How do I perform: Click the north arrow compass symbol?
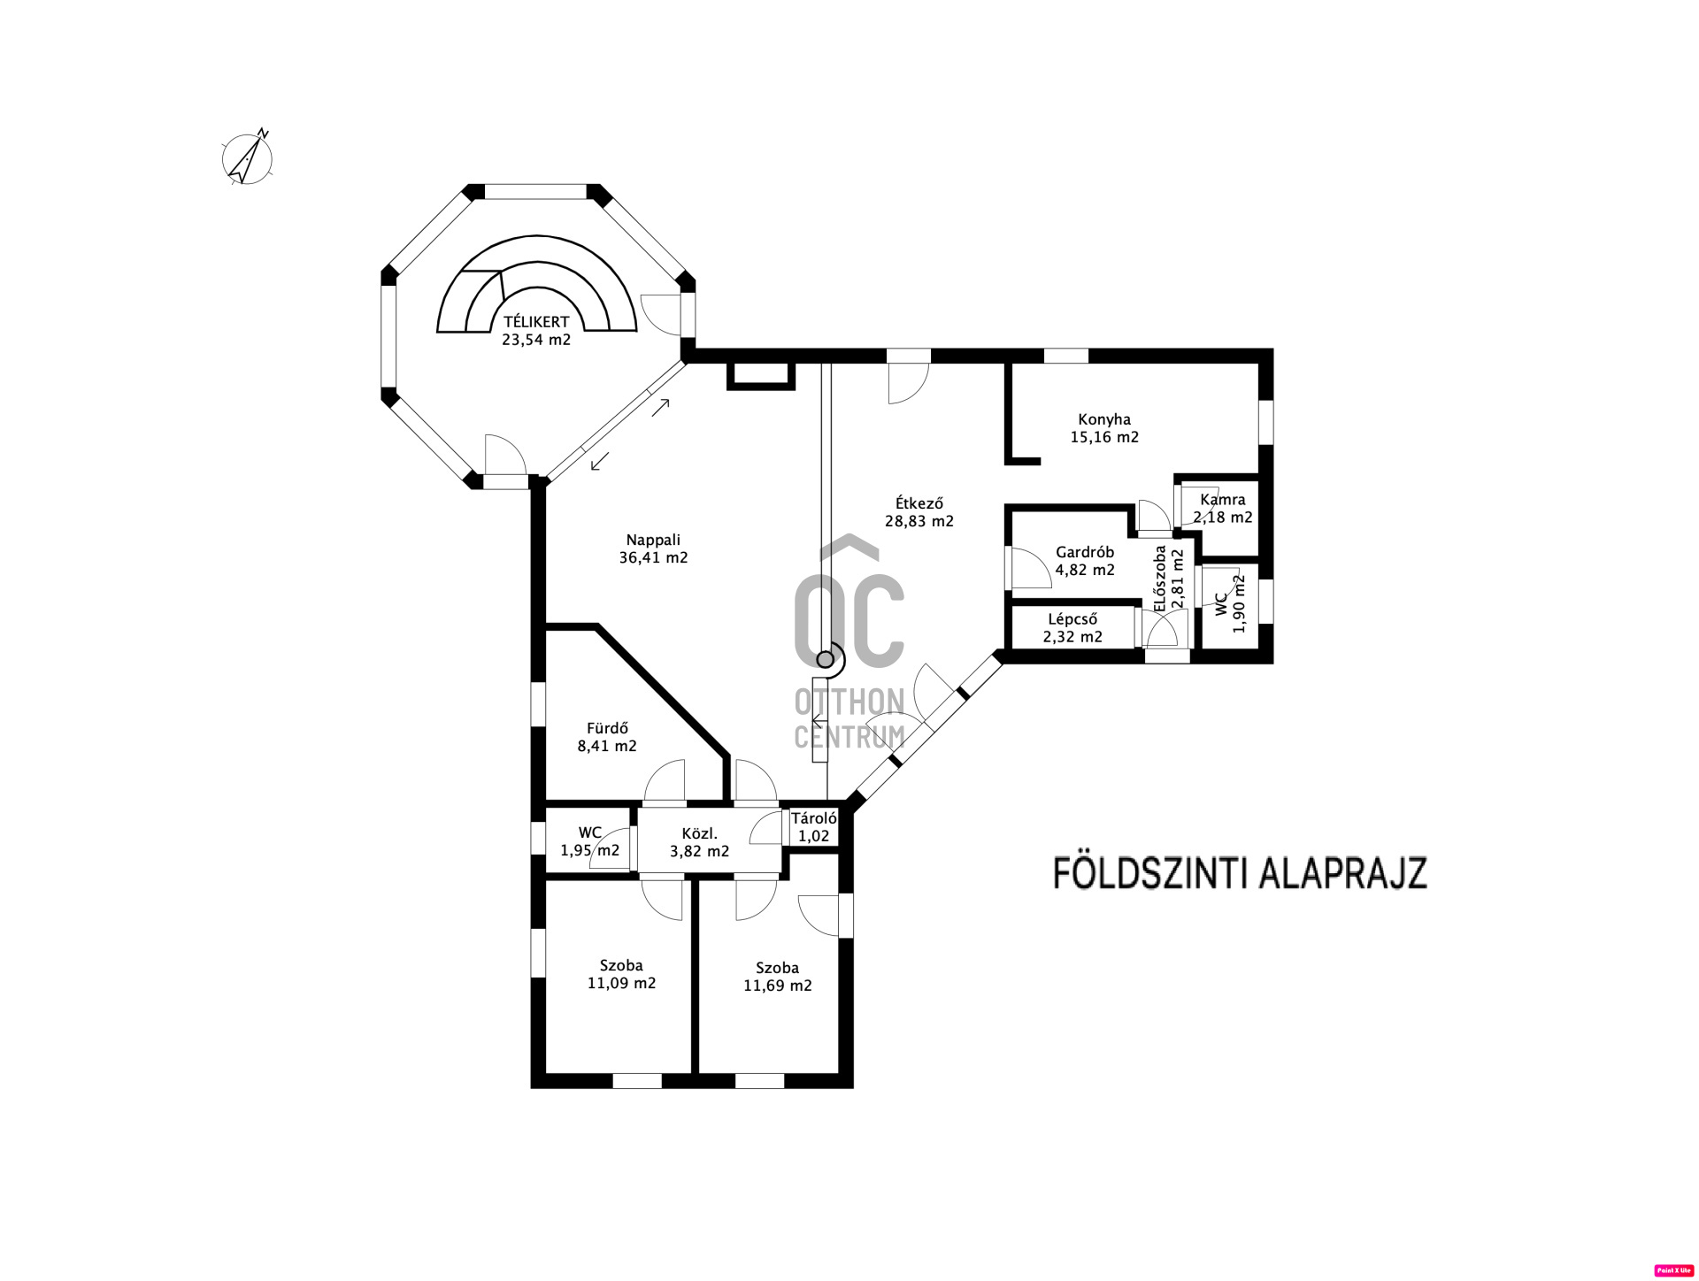click(247, 159)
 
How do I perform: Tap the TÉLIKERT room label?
click(536, 322)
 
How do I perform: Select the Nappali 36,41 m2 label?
click(653, 548)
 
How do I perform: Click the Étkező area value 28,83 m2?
click(919, 522)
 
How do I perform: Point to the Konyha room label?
click(1103, 419)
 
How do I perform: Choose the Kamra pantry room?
click(1222, 508)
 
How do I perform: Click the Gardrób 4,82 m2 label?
click(1085, 561)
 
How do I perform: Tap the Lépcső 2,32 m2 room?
click(1072, 628)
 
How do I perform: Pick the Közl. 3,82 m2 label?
click(699, 842)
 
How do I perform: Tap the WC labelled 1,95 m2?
click(589, 841)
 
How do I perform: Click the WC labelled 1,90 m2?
click(1230, 603)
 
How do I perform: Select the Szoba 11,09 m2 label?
click(621, 974)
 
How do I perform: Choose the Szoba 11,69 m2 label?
click(777, 977)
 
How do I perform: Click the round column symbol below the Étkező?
click(825, 659)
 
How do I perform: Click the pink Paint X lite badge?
click(1672, 1269)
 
